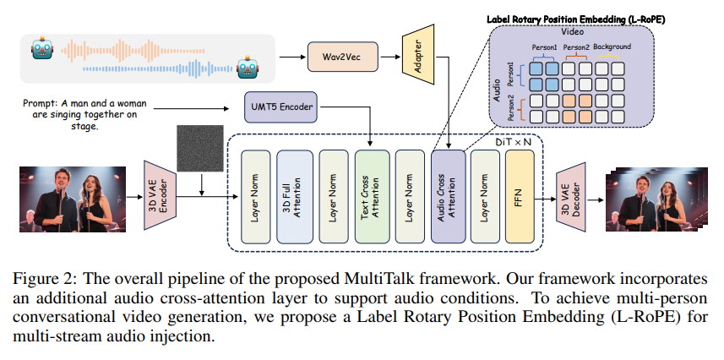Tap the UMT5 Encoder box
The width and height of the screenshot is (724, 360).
[280, 108]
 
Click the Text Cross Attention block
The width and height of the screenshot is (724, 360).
[370, 195]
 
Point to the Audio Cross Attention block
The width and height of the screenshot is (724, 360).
[448, 195]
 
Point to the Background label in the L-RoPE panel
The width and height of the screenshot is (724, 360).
[612, 46]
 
